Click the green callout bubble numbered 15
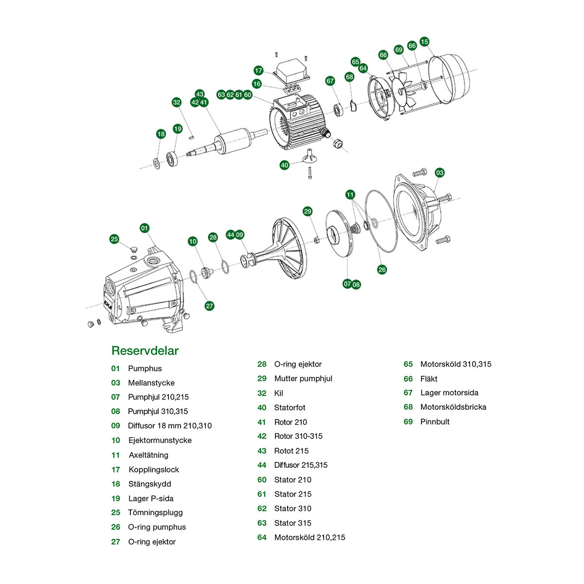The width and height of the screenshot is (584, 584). pos(424,42)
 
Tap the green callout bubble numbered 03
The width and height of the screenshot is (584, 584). pos(439,173)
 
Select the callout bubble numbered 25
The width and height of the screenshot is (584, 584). pos(114,239)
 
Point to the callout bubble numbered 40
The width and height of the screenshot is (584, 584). pos(285,165)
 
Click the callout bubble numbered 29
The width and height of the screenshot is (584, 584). pos(308,211)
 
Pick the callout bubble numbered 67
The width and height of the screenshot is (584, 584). pos(330,81)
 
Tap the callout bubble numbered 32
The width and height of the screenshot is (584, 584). pos(177,102)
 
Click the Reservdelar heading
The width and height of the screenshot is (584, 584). pos(145,351)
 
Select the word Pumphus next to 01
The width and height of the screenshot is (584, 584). pos(145,368)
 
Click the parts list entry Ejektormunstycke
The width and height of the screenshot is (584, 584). pos(160,440)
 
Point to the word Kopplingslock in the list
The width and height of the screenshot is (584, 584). pos(154,470)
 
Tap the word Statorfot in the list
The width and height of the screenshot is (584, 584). pos(290,408)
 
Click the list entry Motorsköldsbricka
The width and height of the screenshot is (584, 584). pos(453,407)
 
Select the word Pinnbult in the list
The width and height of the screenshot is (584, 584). pos(435,422)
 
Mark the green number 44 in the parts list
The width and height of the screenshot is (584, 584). pos(262,465)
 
